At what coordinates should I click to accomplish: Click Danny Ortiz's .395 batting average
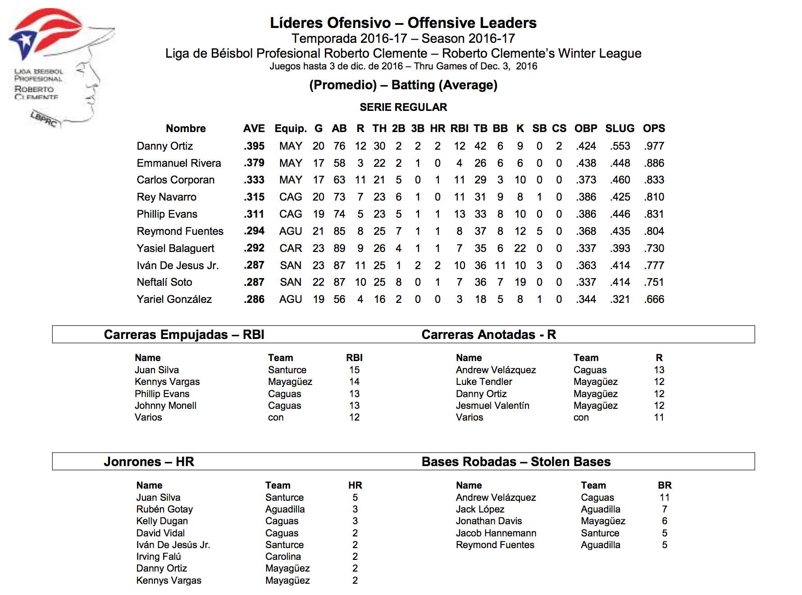[254, 146]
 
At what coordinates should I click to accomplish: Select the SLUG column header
[620, 128]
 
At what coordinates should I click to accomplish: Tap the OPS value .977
[654, 146]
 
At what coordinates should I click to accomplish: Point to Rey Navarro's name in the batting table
[167, 197]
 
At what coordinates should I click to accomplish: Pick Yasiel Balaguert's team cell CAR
[291, 248]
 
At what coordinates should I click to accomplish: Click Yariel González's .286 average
[254, 299]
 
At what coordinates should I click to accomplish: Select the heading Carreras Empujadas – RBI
[184, 334]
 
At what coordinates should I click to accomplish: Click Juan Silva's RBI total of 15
[354, 370]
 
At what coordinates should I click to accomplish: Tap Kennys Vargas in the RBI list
[167, 382]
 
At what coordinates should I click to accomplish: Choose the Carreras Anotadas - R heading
[488, 334]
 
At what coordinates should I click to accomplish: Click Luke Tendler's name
[484, 382]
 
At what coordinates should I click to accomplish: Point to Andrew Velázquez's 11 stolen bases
[664, 498]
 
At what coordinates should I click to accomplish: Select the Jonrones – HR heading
[149, 462]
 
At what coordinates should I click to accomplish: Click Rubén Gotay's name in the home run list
[164, 509]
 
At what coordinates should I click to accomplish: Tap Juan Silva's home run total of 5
[355, 498]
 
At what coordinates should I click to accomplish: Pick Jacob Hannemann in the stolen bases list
[496, 533]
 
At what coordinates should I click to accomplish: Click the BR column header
[665, 485]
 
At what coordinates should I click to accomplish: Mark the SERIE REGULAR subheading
[403, 107]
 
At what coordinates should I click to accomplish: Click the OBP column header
[586, 128]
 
